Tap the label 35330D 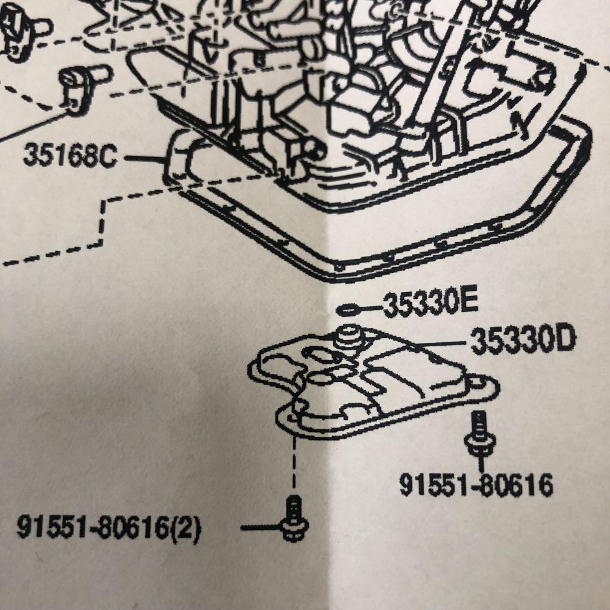pyautogui.click(x=523, y=341)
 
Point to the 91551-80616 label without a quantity pyautogui.click(x=476, y=485)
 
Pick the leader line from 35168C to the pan pyautogui.click(x=145, y=158)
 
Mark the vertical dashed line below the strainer pyautogui.click(x=294, y=463)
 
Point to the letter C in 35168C pyautogui.click(x=108, y=156)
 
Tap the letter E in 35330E pyautogui.click(x=468, y=303)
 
